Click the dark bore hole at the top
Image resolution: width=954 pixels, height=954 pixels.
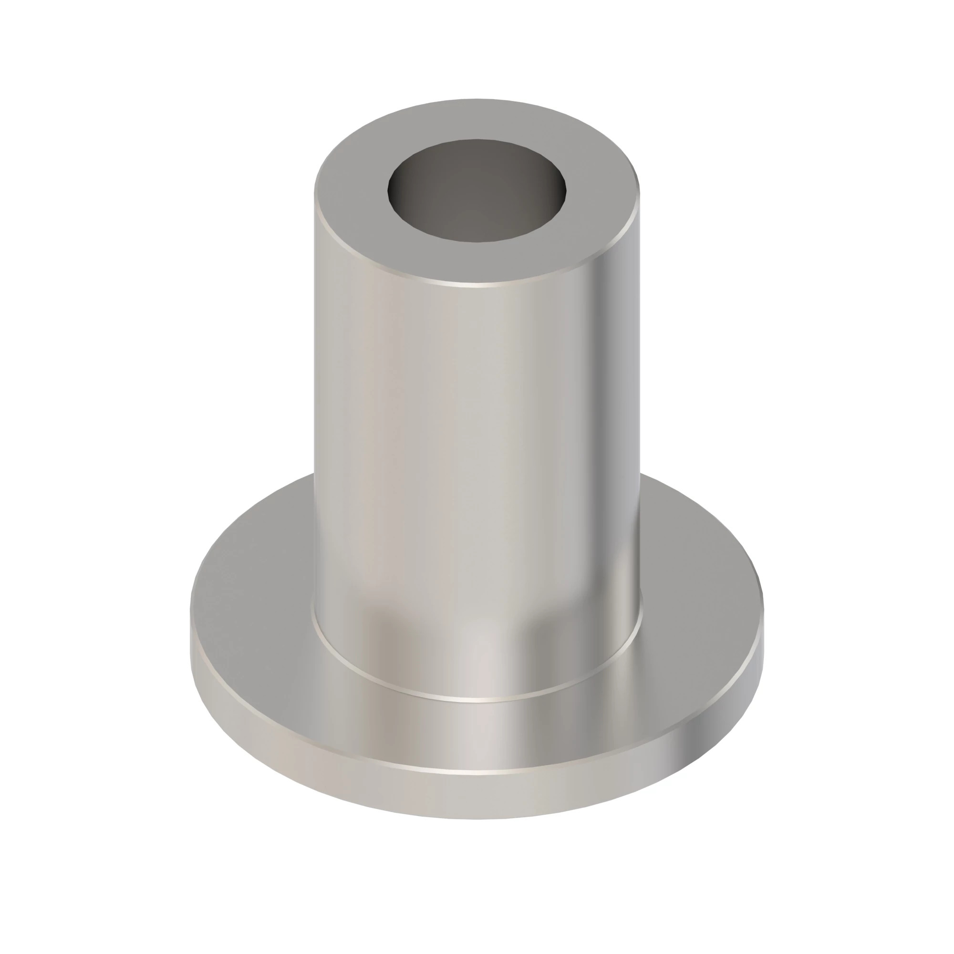(477, 190)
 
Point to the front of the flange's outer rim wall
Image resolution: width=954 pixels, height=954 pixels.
(477, 795)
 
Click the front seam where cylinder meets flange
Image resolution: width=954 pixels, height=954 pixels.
(477, 700)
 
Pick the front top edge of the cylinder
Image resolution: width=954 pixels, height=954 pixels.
(477, 285)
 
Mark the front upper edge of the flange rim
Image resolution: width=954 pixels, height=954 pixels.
(477, 772)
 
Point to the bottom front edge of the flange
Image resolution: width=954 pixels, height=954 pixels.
(477, 819)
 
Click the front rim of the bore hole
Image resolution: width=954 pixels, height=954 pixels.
(477, 241)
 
